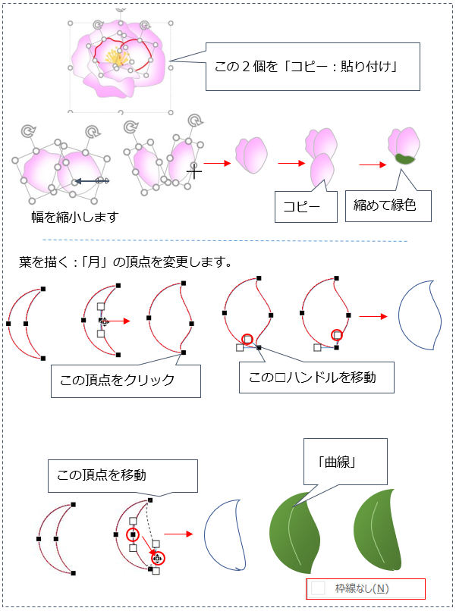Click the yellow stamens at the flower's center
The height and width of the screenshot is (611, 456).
(116, 58)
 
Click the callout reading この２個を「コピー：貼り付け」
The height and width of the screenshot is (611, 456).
(313, 67)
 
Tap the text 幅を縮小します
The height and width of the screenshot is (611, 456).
(75, 217)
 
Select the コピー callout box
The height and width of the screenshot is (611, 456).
(306, 206)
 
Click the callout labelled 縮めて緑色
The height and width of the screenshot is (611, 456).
(388, 205)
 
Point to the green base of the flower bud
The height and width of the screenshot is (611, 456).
(404, 158)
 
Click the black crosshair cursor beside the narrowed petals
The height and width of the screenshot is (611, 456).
(194, 171)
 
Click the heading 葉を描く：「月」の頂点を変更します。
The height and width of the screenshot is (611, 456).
(126, 262)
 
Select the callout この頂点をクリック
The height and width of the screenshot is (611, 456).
(126, 381)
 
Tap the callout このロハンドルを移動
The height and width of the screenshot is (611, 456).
(316, 378)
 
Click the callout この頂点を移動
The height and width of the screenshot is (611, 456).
(122, 476)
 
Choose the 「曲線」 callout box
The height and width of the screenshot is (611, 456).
(345, 462)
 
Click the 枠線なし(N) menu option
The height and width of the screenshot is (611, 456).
(366, 588)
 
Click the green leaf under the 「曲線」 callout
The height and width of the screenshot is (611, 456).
(294, 533)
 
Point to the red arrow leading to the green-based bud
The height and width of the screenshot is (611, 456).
(372, 164)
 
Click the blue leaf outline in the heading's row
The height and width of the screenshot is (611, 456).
(420, 315)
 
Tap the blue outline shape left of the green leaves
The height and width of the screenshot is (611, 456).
(226, 534)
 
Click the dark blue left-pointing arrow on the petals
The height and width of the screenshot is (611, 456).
(92, 181)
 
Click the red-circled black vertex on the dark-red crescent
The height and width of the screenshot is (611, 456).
(133, 535)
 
